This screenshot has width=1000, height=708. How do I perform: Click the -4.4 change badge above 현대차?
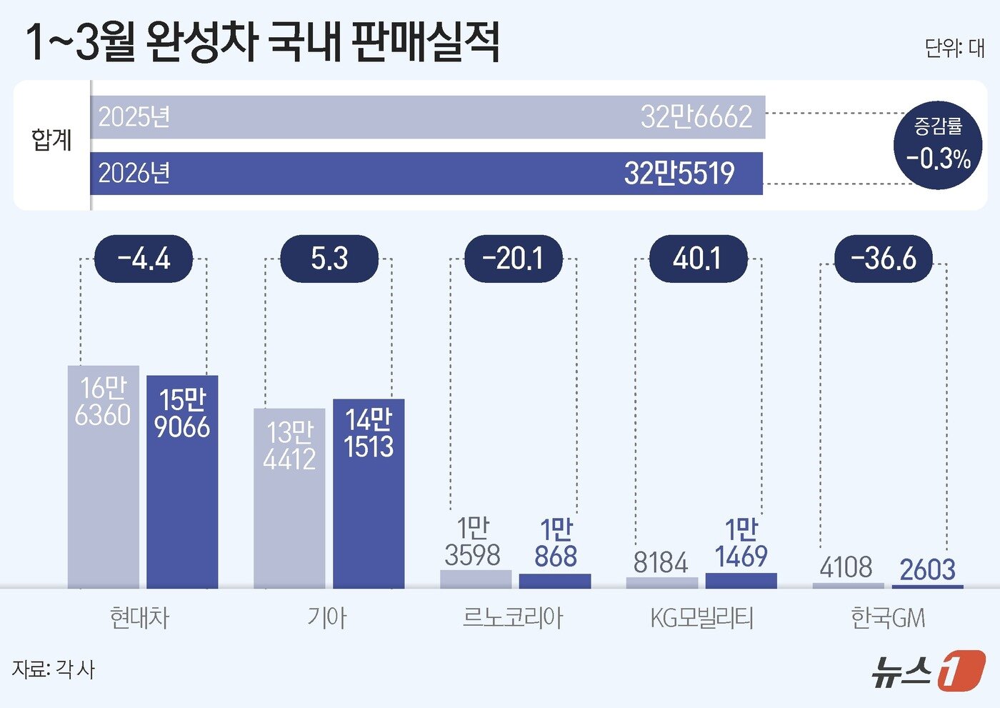click(144, 258)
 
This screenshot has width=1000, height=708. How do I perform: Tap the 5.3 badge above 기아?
click(329, 258)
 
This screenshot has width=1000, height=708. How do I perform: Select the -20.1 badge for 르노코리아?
click(514, 258)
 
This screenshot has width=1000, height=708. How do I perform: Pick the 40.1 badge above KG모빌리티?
click(698, 258)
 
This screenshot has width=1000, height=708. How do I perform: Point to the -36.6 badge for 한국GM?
click(884, 258)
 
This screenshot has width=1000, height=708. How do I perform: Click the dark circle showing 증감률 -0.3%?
click(938, 145)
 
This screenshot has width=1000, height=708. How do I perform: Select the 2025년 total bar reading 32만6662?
click(427, 117)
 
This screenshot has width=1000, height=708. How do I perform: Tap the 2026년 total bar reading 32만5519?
click(426, 174)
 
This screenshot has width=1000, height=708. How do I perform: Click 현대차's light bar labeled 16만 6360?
click(104, 477)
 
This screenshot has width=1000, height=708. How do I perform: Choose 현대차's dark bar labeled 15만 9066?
click(182, 482)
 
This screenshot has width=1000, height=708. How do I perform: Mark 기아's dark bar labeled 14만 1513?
click(369, 493)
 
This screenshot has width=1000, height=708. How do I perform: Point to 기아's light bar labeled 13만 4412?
click(289, 498)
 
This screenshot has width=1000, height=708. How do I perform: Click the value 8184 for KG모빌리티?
click(661, 563)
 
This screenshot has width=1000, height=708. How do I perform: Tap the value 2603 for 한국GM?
click(927, 570)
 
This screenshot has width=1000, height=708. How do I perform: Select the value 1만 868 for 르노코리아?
click(556, 544)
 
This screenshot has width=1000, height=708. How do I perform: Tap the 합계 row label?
click(51, 140)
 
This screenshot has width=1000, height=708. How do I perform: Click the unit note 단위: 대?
click(954, 48)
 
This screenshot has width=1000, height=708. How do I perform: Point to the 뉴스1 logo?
click(928, 671)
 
